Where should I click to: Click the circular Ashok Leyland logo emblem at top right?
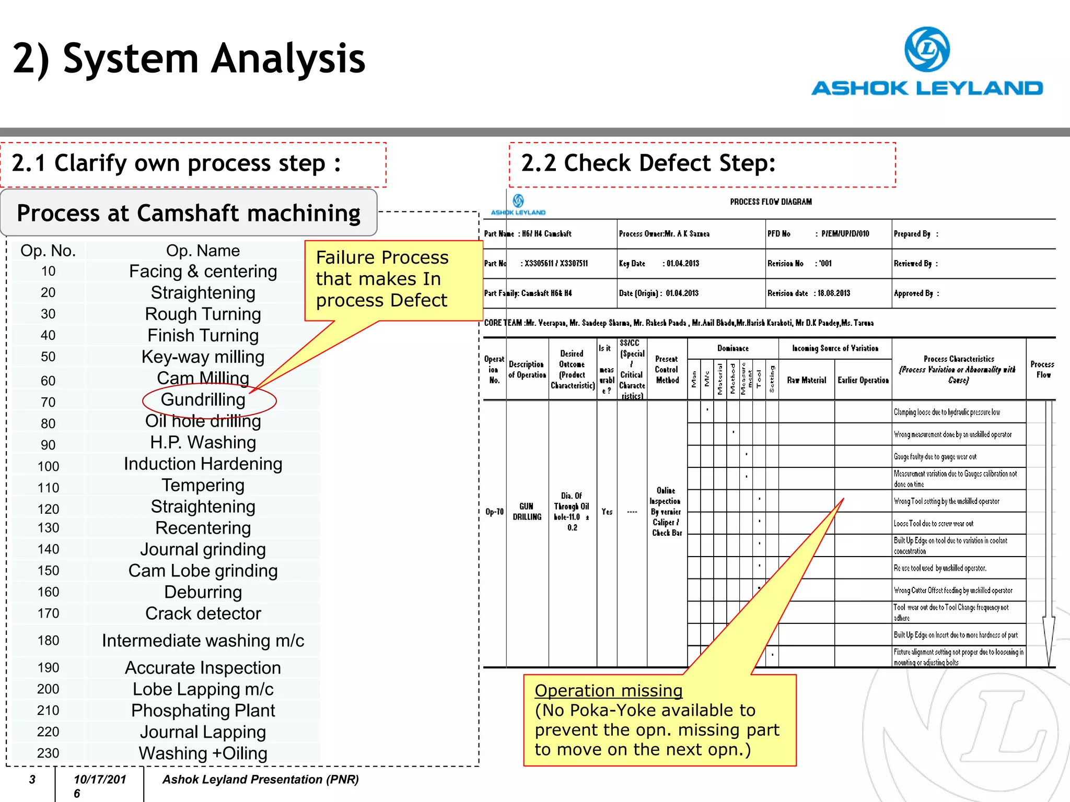click(x=927, y=50)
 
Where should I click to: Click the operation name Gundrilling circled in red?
click(x=203, y=399)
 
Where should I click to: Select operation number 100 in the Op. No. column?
click(x=48, y=466)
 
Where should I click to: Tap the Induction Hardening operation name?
click(x=203, y=464)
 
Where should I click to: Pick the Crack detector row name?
click(x=203, y=614)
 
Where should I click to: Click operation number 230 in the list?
click(x=48, y=753)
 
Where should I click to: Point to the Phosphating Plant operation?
click(x=203, y=711)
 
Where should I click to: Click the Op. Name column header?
click(x=203, y=251)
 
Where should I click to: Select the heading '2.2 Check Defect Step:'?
click(x=648, y=163)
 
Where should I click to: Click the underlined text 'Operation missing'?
click(x=609, y=691)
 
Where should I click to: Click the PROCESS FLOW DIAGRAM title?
click(x=771, y=202)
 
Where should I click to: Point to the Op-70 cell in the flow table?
click(x=494, y=512)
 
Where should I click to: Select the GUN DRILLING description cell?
click(x=527, y=512)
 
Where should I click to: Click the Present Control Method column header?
click(x=667, y=370)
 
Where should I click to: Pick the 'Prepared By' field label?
click(x=912, y=234)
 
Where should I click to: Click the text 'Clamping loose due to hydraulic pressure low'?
click(x=947, y=412)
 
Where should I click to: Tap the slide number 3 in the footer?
click(x=32, y=780)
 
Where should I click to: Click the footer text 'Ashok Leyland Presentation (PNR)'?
click(x=261, y=780)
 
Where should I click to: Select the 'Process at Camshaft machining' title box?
click(x=189, y=213)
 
